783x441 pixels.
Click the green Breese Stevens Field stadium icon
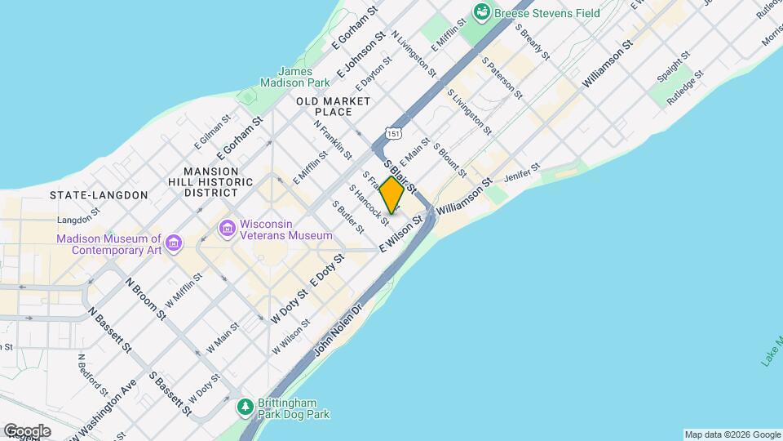(482, 12)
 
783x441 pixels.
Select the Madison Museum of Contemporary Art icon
(173, 243)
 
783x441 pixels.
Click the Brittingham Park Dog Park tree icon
(244, 406)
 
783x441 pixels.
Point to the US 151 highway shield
(395, 132)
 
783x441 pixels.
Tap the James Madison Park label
(294, 77)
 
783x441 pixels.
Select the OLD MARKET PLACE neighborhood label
(333, 106)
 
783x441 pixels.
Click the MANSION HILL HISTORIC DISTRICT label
(210, 181)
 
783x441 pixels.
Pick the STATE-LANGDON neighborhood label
(98, 195)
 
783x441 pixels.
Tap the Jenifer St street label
(523, 172)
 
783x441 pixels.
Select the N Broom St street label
(147, 299)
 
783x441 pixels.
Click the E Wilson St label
(402, 234)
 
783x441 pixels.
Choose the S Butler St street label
(347, 216)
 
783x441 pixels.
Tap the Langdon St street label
(78, 220)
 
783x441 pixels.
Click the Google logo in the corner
(27, 430)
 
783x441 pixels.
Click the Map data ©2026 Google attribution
(732, 434)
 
